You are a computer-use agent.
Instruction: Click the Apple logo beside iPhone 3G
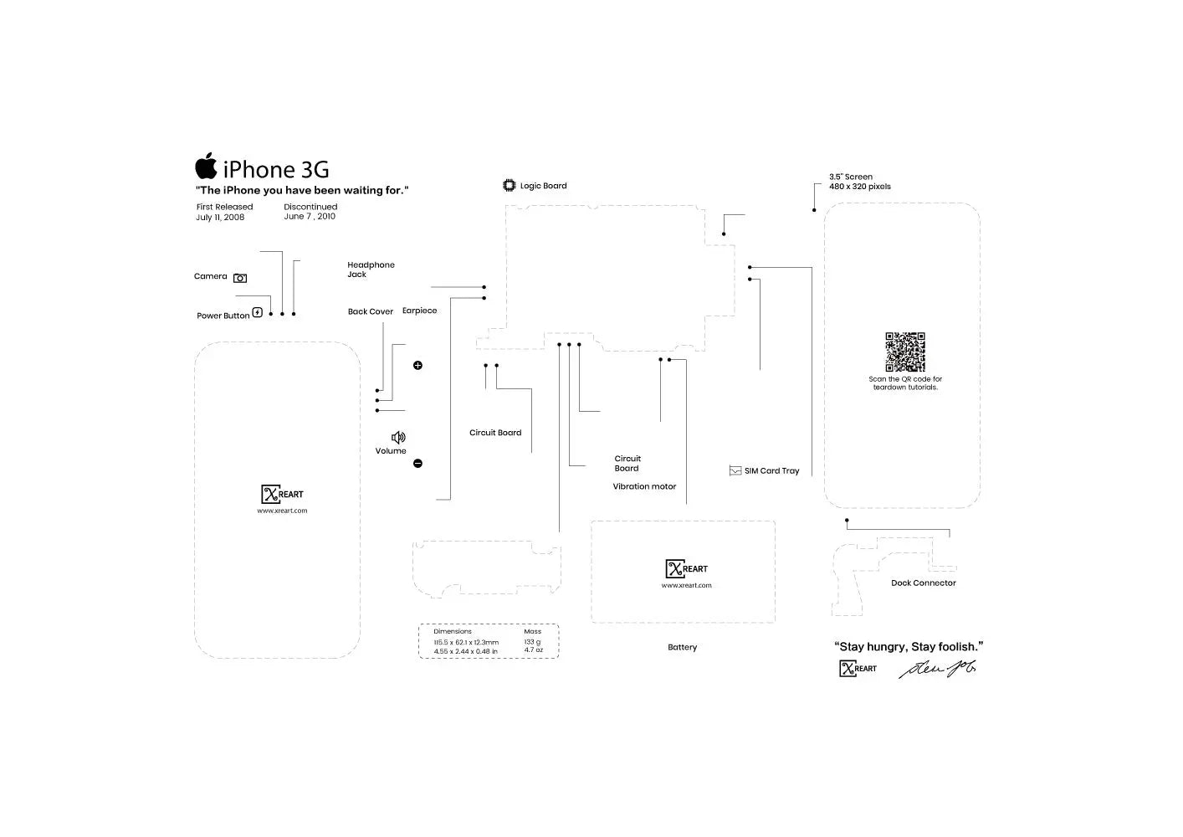click(207, 167)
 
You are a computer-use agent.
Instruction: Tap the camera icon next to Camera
click(240, 278)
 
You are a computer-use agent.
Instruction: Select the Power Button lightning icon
click(258, 313)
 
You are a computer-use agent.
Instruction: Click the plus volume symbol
click(417, 366)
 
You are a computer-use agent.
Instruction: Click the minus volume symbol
click(417, 464)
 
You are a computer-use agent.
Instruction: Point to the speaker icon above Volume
click(398, 438)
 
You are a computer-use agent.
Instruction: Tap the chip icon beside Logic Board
click(510, 185)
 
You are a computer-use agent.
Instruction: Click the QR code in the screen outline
click(905, 352)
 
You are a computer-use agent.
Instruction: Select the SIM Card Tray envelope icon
click(735, 471)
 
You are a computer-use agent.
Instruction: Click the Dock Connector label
click(923, 583)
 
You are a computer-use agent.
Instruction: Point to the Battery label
click(682, 647)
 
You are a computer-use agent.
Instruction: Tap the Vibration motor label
click(644, 486)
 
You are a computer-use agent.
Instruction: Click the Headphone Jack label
click(371, 270)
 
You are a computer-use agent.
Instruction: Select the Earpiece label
click(419, 311)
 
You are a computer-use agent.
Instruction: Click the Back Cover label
click(371, 311)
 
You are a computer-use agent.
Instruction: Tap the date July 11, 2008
click(220, 218)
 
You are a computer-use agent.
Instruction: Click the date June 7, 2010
click(310, 217)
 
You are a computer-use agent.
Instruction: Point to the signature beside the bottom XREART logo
click(938, 669)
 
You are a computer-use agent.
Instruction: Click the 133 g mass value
click(532, 642)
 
